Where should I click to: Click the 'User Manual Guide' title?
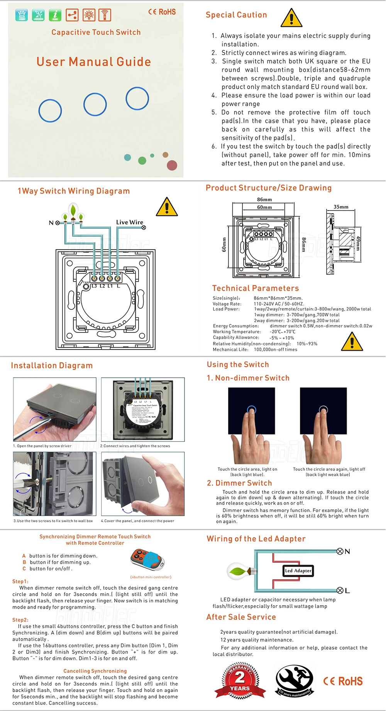[94, 62]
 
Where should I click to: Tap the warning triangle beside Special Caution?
[291, 18]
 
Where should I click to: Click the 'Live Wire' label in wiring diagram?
[129, 222]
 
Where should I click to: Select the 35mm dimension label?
[341, 207]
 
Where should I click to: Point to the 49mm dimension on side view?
[358, 243]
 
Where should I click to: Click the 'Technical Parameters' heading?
[256, 288]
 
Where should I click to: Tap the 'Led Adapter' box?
[298, 570]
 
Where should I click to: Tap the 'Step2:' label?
[20, 619]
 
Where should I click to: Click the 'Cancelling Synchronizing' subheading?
[95, 671]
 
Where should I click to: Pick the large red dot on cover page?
[172, 165]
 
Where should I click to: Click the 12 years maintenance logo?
[295, 681]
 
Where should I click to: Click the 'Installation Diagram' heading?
[52, 365]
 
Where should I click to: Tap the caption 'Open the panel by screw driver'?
[42, 446]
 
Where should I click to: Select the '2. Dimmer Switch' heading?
[239, 483]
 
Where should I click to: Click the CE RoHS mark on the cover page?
[162, 12]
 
